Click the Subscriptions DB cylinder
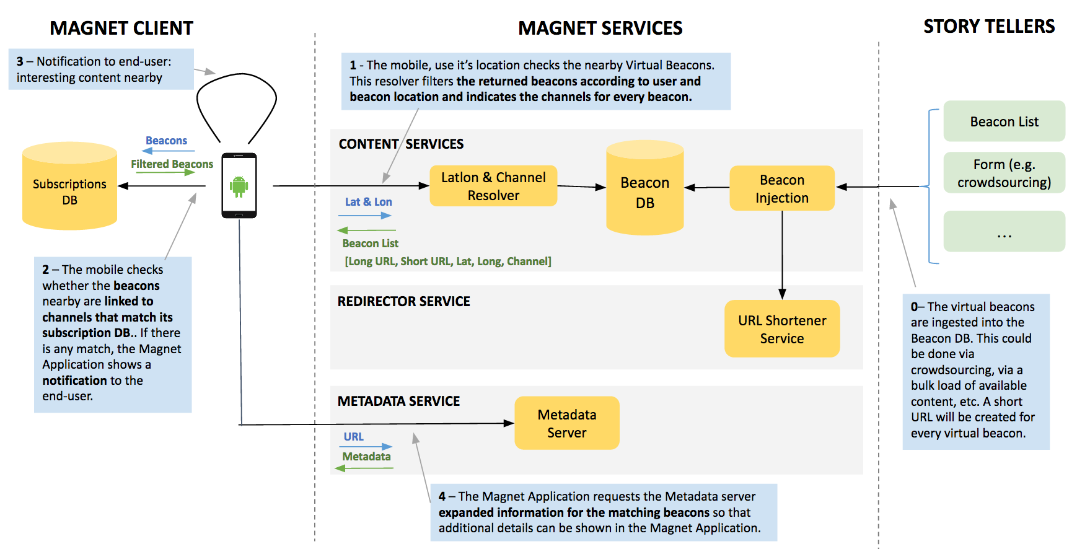point(69,186)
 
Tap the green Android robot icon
point(239,186)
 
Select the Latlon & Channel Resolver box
point(493,186)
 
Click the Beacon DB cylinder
point(644,188)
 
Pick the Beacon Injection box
point(782,188)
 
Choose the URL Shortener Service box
point(782,329)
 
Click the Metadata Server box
point(567,423)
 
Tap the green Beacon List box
point(1004,121)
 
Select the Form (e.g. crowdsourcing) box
point(1004,173)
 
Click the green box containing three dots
point(1004,231)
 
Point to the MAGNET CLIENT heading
point(121,28)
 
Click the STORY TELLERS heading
point(989,26)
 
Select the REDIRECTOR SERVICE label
point(403,301)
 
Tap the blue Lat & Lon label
point(368,202)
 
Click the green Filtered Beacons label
point(172,164)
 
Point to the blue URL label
point(353,437)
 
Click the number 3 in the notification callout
point(20,61)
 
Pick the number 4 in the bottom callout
point(442,496)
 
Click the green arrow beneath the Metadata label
point(364,468)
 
